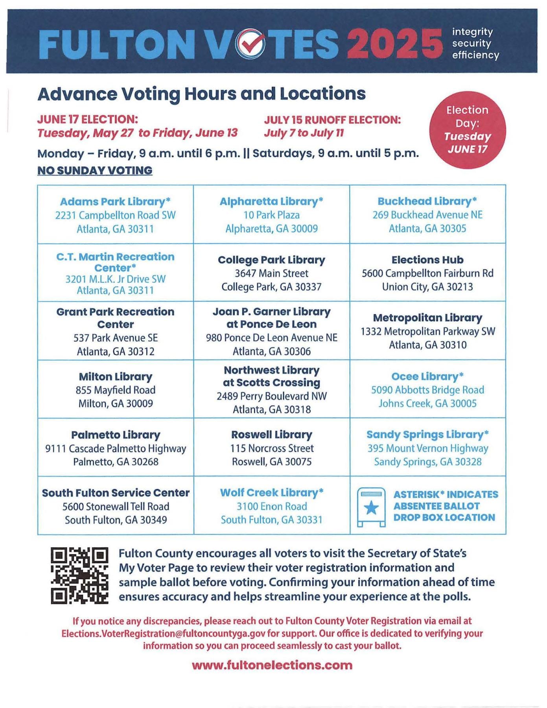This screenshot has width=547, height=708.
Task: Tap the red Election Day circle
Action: [467, 130]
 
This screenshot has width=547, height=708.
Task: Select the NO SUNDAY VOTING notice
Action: [95, 171]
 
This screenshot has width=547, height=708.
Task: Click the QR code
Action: [79, 575]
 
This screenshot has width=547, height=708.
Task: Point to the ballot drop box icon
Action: [371, 507]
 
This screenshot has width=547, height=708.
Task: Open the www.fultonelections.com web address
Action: [272, 665]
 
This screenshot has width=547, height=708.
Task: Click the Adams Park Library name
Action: [115, 202]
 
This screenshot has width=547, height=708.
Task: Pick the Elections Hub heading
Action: [427, 260]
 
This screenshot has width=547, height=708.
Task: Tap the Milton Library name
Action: [115, 377]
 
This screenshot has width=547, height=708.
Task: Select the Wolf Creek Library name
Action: [271, 493]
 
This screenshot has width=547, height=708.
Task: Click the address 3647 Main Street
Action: [271, 273]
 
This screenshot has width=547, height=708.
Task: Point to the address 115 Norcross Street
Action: [272, 448]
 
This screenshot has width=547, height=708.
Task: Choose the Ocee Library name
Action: [427, 377]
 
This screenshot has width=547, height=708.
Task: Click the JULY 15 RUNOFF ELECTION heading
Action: [332, 120]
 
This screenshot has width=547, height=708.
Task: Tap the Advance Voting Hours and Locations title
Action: [201, 94]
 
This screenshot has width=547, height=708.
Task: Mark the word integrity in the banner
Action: [472, 32]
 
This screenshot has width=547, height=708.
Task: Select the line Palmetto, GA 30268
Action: [116, 462]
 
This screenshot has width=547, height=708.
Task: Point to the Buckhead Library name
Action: [427, 201]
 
